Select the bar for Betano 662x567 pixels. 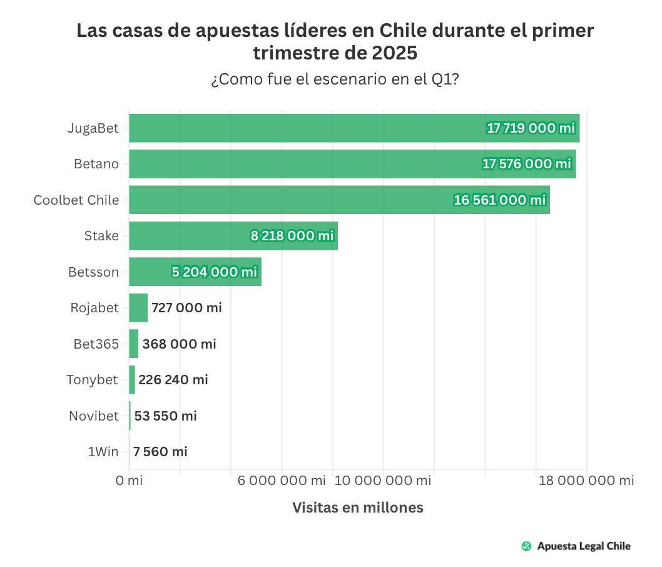300,164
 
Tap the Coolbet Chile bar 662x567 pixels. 288,200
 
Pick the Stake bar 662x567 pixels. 188,236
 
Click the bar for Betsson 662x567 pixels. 150,272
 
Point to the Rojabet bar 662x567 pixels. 138,308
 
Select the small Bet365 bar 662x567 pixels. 133,344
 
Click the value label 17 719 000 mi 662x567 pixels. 531,128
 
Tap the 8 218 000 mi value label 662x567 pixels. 292,236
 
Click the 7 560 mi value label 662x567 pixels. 160,452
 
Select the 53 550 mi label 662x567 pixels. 166,416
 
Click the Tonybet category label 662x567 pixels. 92,380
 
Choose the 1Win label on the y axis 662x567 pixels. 103,452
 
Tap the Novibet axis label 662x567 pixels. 93,416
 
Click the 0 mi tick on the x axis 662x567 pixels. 130,481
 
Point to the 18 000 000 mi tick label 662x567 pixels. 586,481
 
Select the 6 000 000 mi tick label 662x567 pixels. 282,481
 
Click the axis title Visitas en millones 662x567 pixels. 358,508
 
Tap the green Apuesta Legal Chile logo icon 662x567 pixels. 526,546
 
